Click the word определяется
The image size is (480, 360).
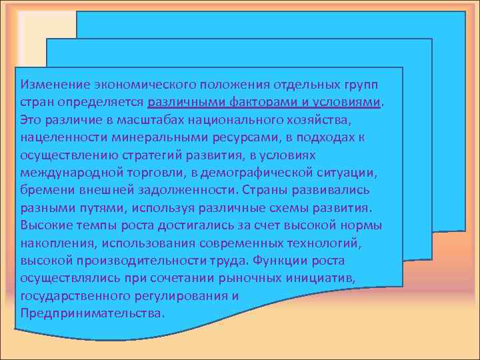pyautogui.click(x=102, y=103)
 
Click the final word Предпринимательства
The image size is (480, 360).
pyautogui.click(x=90, y=311)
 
